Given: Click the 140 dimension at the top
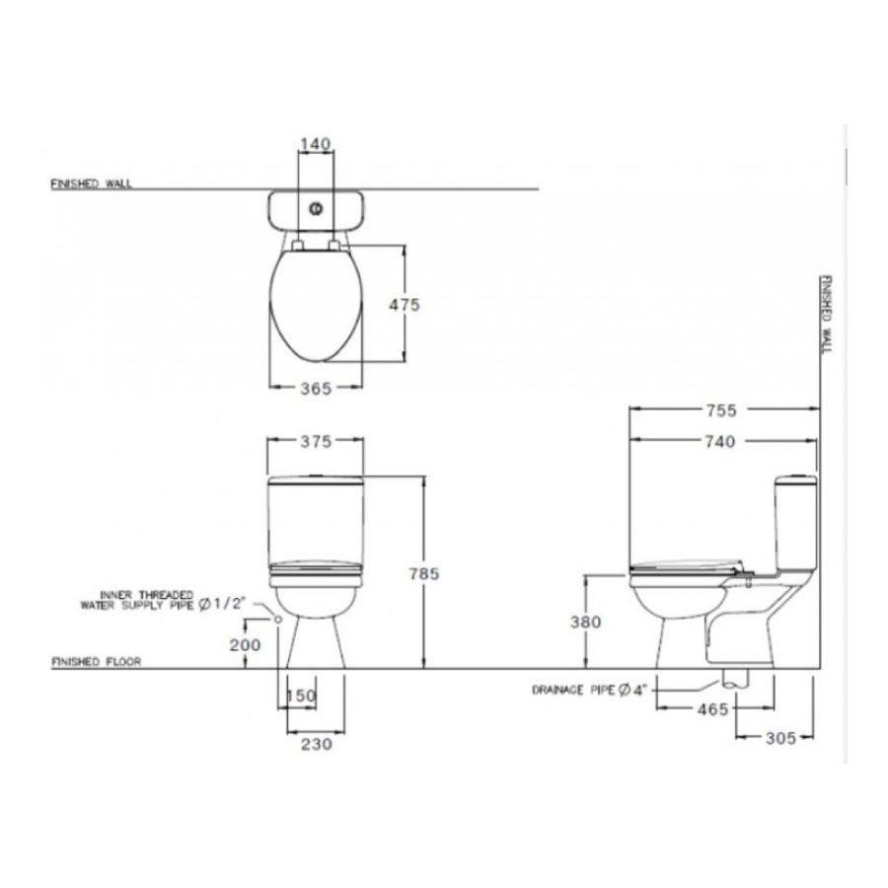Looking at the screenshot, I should tap(315, 144).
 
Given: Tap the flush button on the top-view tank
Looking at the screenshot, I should tap(317, 209).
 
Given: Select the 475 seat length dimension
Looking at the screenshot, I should tap(405, 305).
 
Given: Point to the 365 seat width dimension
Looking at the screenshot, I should tap(316, 389).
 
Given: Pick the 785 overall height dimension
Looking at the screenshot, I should tap(424, 573).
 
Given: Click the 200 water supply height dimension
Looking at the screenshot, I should tap(246, 645).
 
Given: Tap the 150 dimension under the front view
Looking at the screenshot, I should tap(301, 697).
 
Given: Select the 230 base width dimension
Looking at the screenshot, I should tap(316, 745).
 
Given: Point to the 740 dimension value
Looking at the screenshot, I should tap(720, 442).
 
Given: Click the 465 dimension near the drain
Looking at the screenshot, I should tap(710, 708).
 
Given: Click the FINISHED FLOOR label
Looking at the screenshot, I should tap(96, 663).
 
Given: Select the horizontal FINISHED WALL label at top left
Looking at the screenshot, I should tap(91, 185).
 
